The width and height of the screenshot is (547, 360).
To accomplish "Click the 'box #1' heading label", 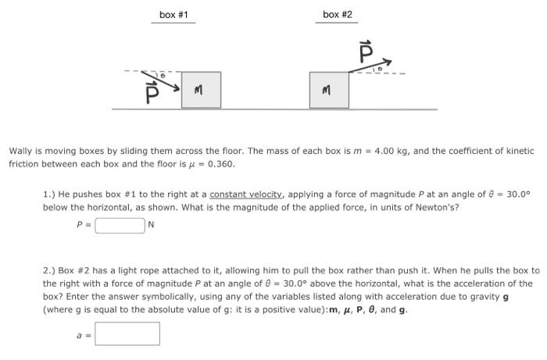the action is click(173, 15).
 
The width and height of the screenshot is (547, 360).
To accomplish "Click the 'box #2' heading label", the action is click(337, 15).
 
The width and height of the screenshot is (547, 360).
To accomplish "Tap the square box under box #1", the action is click(201, 90).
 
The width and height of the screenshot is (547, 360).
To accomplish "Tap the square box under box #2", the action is click(329, 90).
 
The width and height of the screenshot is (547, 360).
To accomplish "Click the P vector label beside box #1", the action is click(153, 93).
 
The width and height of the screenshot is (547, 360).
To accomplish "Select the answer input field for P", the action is click(120, 226).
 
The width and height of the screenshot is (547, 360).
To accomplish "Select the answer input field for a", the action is click(127, 333).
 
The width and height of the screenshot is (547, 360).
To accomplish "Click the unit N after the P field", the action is click(152, 226).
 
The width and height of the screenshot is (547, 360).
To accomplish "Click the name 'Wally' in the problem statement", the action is click(22, 151).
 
